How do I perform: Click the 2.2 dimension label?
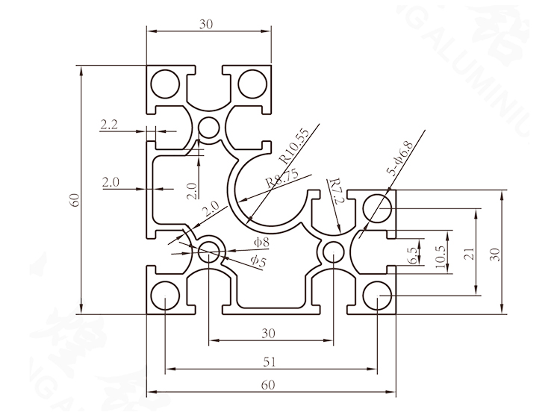(109, 125)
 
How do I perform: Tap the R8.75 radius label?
(281, 178)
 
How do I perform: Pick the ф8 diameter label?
(261, 242)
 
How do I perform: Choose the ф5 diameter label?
(258, 259)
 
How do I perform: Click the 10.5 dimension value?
(441, 255)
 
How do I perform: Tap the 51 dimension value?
(270, 362)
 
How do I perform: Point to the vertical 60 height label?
(75, 200)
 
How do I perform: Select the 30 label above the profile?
(207, 24)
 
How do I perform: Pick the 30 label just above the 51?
(270, 333)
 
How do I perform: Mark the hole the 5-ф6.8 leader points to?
(377, 207)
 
